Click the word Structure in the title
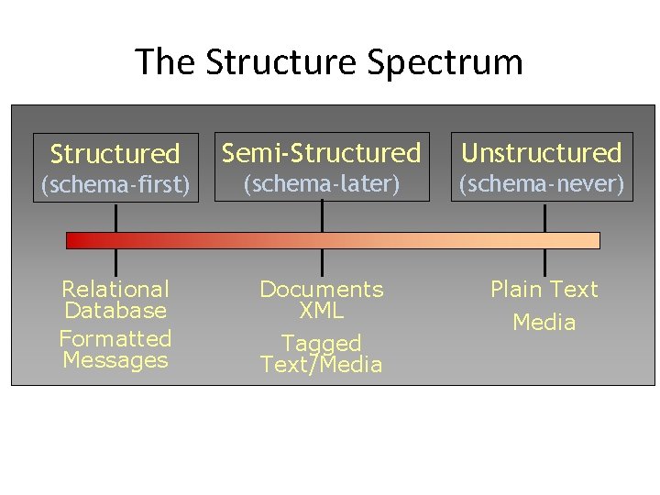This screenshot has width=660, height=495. [x=281, y=62]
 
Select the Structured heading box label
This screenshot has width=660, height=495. [x=115, y=153]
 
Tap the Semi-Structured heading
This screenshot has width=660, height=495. [x=322, y=152]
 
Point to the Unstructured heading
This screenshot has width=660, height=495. [x=541, y=152]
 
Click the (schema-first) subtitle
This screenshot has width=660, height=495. [x=115, y=185]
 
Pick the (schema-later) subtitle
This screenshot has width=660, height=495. [x=321, y=184]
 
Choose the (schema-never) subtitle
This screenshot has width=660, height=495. [x=541, y=184]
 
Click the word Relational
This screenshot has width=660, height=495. [x=115, y=290]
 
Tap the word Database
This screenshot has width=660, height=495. [x=115, y=311]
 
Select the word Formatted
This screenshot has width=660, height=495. [x=115, y=338]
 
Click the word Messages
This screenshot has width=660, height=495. [x=115, y=359]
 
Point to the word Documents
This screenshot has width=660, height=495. [x=321, y=290]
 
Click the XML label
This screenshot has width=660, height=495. [x=321, y=311]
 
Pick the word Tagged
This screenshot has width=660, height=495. [x=321, y=343]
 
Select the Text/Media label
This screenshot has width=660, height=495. [x=321, y=364]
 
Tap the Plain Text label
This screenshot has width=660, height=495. [x=544, y=290]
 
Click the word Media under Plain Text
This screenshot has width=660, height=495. [x=544, y=323]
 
